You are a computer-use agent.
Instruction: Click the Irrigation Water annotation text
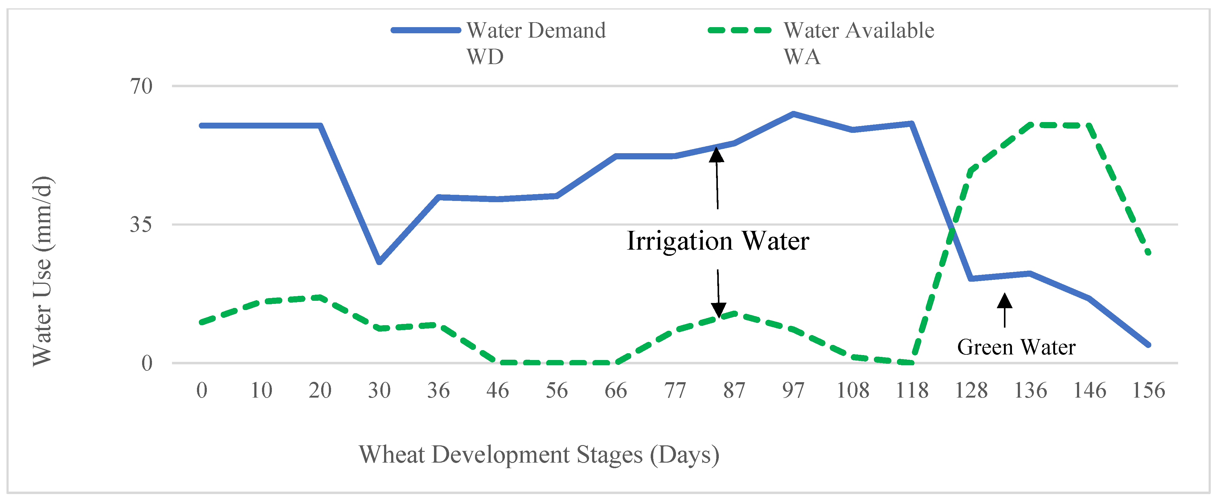coord(718,241)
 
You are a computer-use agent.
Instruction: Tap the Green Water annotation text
coord(1016,347)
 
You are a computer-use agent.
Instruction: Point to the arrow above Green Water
coord(1005,309)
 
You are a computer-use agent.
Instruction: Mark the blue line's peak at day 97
coord(793,114)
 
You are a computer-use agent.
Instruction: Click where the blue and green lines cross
coord(952,230)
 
